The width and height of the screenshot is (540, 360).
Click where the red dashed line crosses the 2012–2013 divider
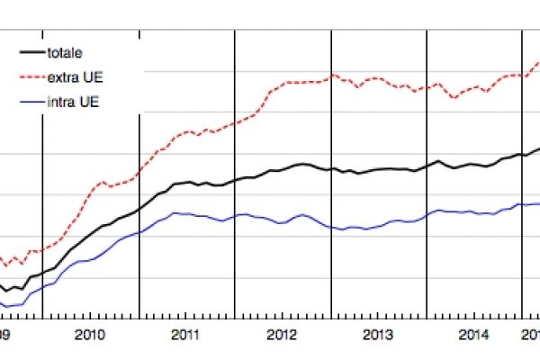(331, 76)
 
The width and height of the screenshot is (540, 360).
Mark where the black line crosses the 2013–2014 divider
(427, 166)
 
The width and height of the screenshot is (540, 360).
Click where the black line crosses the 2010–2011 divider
(139, 210)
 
